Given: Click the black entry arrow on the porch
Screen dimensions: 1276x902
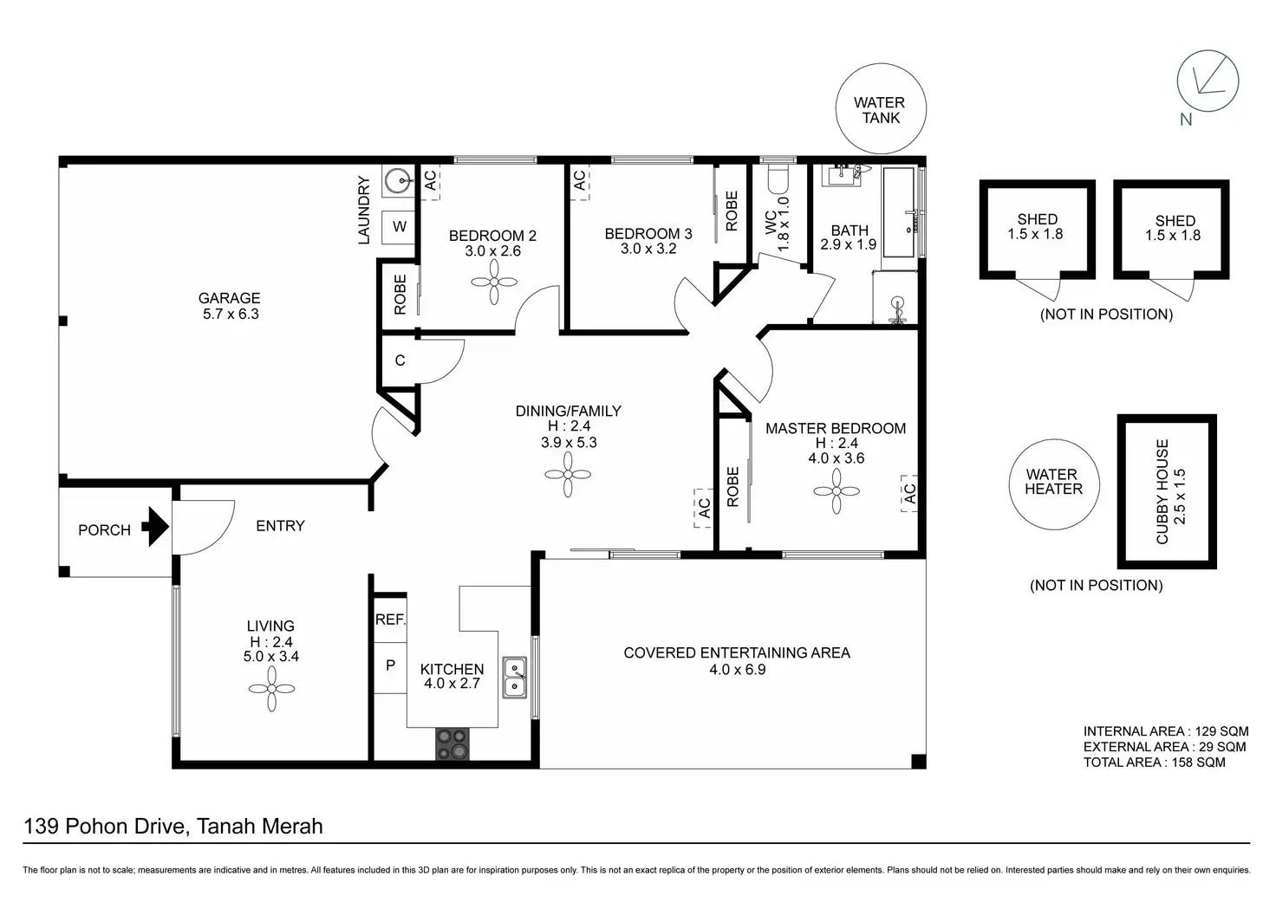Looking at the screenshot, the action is [155, 527].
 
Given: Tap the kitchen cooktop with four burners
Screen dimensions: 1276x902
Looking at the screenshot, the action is [452, 744].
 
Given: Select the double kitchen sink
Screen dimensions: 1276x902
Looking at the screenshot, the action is [514, 678].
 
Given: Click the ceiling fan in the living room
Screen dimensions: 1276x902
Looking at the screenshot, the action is [271, 689].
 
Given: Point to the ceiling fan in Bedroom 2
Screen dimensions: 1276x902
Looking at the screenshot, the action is [494, 282].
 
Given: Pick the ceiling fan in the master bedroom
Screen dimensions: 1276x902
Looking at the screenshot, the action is [837, 491].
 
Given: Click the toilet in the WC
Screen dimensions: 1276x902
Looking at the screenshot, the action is [778, 178].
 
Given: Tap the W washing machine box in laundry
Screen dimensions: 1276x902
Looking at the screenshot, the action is [399, 227].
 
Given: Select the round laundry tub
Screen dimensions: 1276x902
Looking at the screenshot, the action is [398, 182].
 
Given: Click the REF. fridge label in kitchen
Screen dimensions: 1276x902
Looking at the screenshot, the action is [390, 619].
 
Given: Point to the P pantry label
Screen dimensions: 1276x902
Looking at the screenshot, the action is [390, 665].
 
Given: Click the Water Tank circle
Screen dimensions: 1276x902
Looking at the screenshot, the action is [881, 109].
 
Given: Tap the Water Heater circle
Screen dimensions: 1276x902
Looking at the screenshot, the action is [1054, 484].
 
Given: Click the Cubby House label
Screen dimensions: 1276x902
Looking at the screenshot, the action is [1162, 491].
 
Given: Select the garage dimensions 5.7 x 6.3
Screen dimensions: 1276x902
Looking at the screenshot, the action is [231, 314].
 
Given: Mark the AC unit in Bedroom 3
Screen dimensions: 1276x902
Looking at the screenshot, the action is [580, 182].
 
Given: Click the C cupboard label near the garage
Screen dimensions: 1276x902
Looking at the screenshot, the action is [400, 360].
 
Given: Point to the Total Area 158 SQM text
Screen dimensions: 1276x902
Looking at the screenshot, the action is [1154, 762].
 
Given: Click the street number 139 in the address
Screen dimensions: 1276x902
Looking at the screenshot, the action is [41, 827].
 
